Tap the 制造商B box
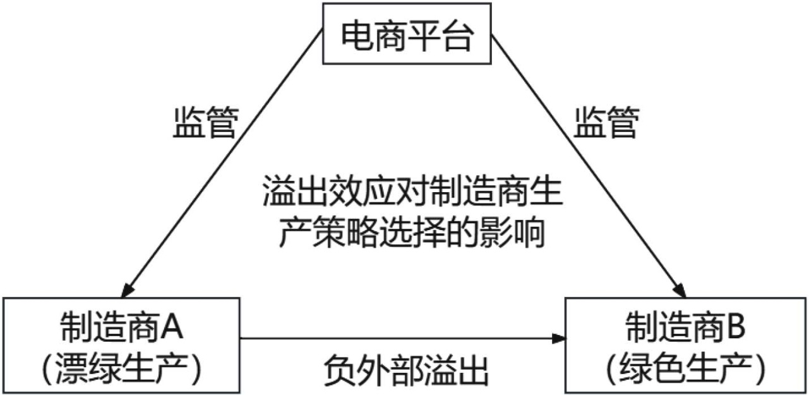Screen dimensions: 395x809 tap(686, 345)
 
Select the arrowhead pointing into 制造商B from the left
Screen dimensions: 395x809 tap(559, 339)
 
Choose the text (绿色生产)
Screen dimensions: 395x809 tap(686, 364)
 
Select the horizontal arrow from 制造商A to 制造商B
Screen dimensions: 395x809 tap(398, 339)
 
